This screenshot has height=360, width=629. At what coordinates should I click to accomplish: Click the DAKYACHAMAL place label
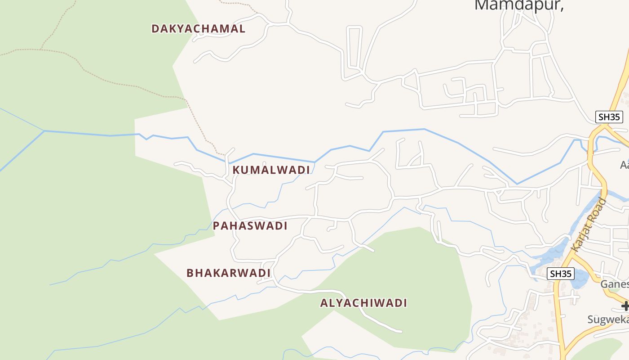pyautogui.click(x=198, y=29)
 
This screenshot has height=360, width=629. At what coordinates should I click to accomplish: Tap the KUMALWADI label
pyautogui.click(x=271, y=170)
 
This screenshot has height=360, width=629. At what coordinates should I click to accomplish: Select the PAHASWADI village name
pyautogui.click(x=250, y=226)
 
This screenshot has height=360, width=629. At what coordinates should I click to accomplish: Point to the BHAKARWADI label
pyautogui.click(x=228, y=273)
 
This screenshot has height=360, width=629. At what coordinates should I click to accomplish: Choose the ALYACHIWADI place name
pyautogui.click(x=363, y=303)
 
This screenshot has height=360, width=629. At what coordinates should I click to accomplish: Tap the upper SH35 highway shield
pyautogui.click(x=609, y=117)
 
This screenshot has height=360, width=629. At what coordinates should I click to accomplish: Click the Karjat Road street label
pyautogui.click(x=589, y=224)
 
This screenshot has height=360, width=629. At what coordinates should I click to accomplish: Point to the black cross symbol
pyautogui.click(x=625, y=306)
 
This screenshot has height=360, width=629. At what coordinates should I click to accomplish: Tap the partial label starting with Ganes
pyautogui.click(x=614, y=284)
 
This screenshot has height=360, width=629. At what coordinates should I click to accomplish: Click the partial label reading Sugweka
pyautogui.click(x=608, y=319)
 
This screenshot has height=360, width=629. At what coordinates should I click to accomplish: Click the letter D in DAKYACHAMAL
pyautogui.click(x=155, y=29)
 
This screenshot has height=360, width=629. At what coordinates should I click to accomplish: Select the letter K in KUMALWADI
pyautogui.click(x=236, y=170)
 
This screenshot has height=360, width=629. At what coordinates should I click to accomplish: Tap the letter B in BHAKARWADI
pyautogui.click(x=190, y=273)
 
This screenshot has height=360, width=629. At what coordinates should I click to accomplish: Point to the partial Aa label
pyautogui.click(x=625, y=165)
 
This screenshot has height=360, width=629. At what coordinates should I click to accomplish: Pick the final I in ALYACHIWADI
pyautogui.click(x=405, y=303)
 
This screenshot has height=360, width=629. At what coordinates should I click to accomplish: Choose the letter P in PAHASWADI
pyautogui.click(x=216, y=226)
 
